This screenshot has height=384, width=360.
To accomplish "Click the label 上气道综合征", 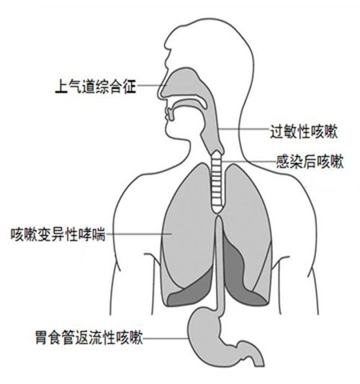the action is (96, 86).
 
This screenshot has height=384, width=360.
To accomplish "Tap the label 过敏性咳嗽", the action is (304, 132).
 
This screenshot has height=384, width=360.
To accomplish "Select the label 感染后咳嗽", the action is (310, 161).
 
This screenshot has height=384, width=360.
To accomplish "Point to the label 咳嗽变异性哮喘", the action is (58, 234).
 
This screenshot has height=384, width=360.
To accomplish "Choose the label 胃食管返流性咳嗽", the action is (89, 338).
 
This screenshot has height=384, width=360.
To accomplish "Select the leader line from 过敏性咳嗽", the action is (243, 129).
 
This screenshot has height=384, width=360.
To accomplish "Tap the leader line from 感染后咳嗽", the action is (248, 162).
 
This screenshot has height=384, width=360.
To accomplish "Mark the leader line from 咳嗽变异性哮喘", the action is (138, 234).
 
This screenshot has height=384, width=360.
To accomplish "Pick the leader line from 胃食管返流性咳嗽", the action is (166, 339).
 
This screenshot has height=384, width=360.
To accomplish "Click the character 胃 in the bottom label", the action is (42, 338).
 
